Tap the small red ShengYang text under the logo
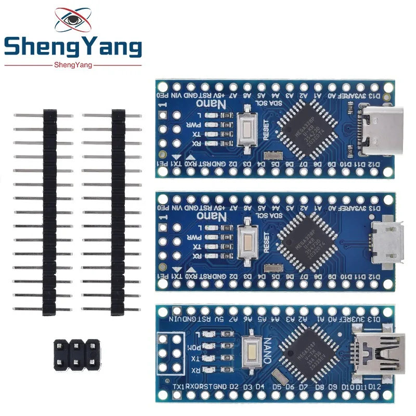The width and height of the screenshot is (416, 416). click(73, 64)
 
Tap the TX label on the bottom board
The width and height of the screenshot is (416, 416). click(196, 358)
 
